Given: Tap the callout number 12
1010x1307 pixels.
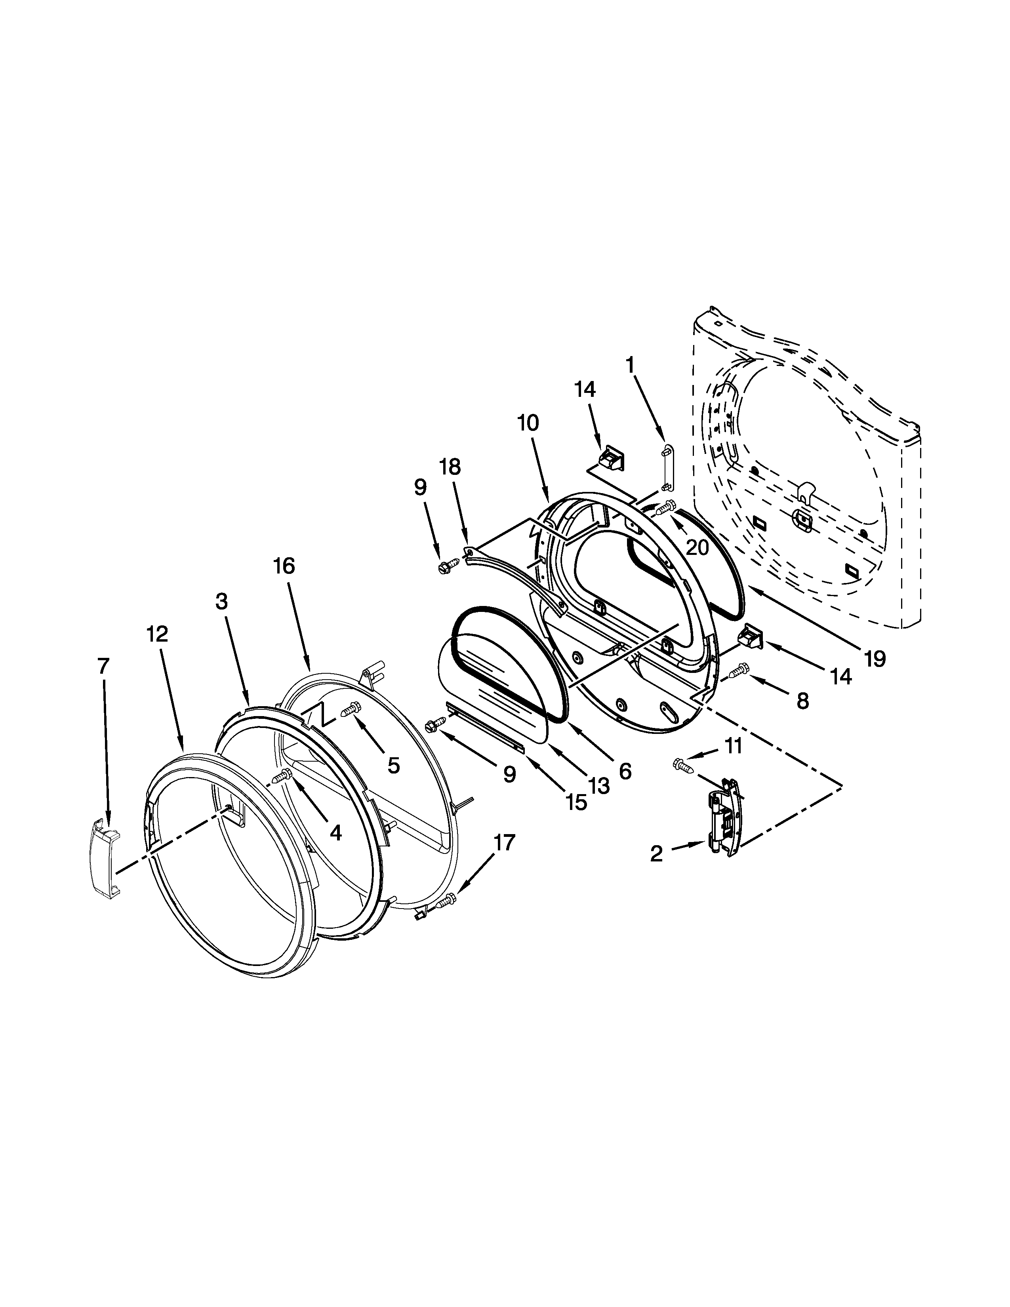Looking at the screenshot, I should tap(157, 634).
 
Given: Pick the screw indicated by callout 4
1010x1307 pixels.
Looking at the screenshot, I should tap(281, 777).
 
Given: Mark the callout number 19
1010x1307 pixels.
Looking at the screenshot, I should tap(874, 659).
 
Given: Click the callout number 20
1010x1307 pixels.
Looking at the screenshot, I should tap(697, 547).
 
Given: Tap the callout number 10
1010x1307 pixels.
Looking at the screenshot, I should tap(528, 423).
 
